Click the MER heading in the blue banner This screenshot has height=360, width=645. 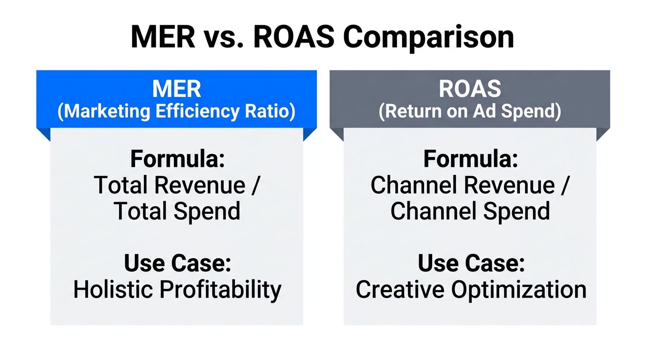(176, 89)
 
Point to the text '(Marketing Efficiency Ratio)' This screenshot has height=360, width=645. (176, 112)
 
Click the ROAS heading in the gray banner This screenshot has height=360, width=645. (470, 89)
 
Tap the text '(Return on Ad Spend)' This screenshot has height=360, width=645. (470, 112)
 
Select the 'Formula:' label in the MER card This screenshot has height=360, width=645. (178, 159)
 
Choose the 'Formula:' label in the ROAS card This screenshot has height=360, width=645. (471, 159)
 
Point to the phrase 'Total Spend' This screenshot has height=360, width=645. (177, 211)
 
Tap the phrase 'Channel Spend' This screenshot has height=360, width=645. (470, 211)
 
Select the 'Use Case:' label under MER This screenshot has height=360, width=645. (178, 263)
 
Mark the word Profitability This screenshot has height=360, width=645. (221, 290)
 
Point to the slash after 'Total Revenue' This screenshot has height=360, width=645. (255, 186)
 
